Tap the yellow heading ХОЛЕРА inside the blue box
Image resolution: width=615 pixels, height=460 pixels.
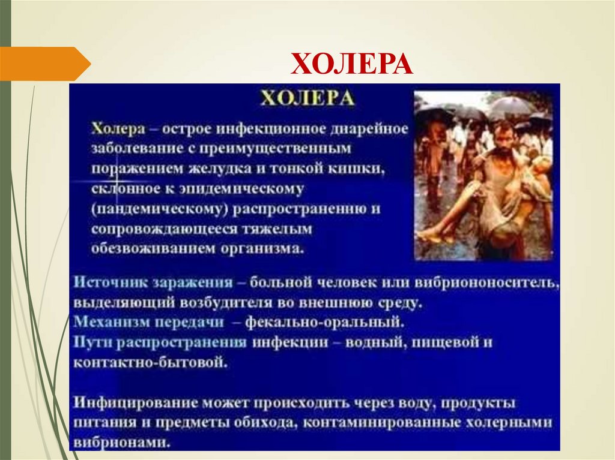tap(307, 98)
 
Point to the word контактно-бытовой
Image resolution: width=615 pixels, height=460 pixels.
tap(150, 362)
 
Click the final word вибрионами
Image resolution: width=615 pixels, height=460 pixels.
tap(120, 443)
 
